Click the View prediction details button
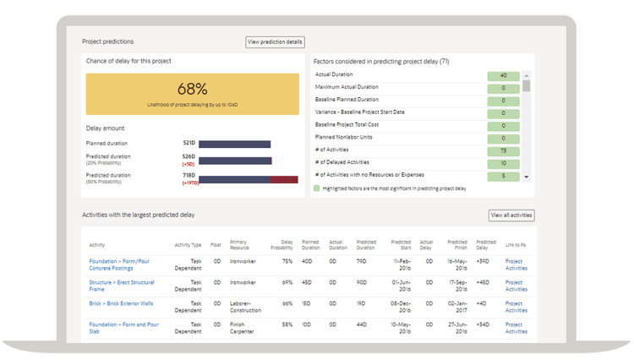tap(275, 41)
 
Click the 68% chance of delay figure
tap(192, 89)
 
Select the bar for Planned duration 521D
tap(234, 144)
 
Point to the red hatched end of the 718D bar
tap(284, 179)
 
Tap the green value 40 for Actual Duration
tap(503, 75)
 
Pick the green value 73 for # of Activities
tap(503, 151)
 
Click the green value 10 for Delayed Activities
tap(503, 163)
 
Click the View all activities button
tap(511, 215)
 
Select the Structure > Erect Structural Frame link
tap(122, 286)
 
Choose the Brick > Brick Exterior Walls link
tap(121, 303)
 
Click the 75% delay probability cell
tap(287, 262)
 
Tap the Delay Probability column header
tap(281, 245)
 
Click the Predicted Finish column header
tap(457, 245)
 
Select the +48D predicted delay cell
tap(483, 283)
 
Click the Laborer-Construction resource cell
tap(246, 307)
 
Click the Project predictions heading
tap(107, 41)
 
